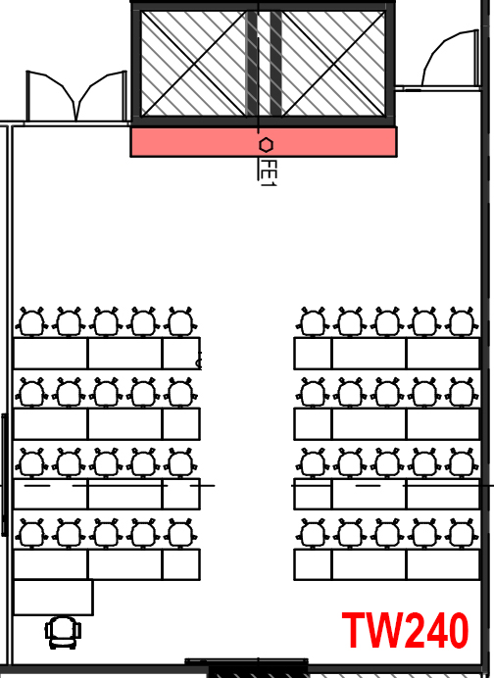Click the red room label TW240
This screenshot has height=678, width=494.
(406, 630)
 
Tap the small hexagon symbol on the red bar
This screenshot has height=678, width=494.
(266, 145)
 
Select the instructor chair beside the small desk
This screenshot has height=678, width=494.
(63, 633)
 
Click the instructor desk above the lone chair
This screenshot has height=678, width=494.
(53, 597)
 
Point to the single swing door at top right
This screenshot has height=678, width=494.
(450, 59)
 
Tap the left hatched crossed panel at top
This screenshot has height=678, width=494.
(193, 64)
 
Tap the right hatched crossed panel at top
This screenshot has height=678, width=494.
(333, 64)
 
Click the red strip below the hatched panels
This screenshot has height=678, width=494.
(264, 141)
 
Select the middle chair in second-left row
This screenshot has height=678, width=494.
(107, 393)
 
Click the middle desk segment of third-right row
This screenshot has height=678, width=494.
(370, 494)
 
